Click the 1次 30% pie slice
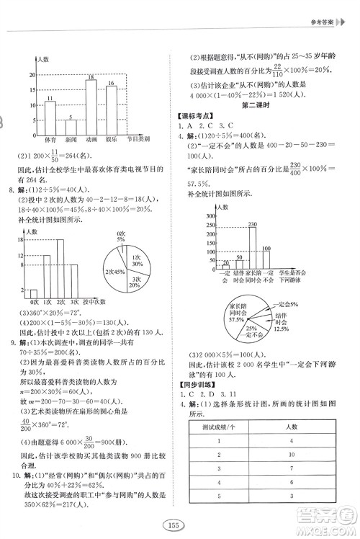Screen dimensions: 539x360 tap(135, 262)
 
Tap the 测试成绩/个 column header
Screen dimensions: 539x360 tap(222, 408)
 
